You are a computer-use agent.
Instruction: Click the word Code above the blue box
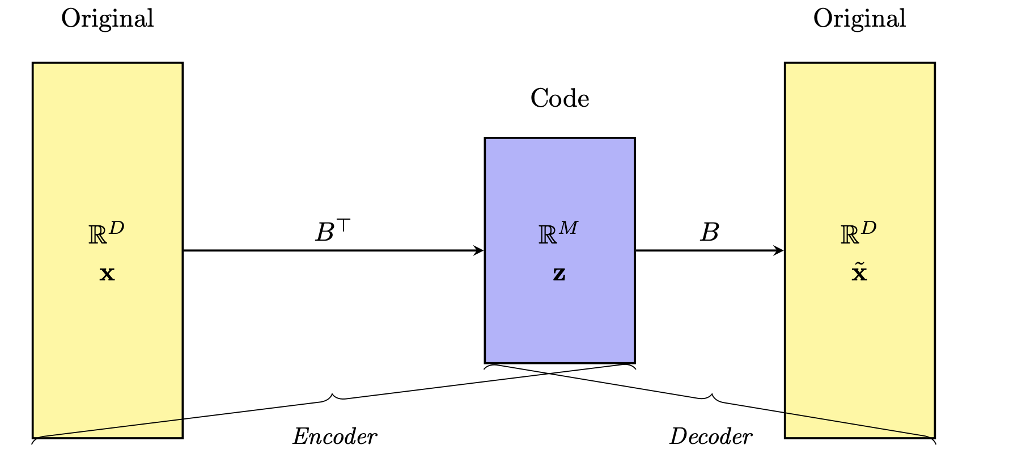[559, 98]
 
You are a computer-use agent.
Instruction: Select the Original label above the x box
[107, 18]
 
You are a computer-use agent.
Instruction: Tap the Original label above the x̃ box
[859, 18]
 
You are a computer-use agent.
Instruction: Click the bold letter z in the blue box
[559, 275]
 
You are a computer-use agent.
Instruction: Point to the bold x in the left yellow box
[107, 275]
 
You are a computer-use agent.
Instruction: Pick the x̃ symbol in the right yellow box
[859, 274]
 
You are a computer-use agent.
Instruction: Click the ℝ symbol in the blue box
[547, 235]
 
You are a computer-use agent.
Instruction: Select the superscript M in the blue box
[568, 228]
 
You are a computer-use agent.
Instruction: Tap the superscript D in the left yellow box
[116, 228]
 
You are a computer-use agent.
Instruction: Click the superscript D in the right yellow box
[868, 228]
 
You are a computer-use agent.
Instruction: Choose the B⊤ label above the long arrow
[333, 232]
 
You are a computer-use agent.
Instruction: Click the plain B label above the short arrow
[710, 232]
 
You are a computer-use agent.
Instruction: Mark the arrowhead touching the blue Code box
[479, 250]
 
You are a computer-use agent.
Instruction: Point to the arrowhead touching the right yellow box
[779, 250]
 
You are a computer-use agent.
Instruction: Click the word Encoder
[334, 437]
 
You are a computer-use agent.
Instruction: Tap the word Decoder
[711, 437]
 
